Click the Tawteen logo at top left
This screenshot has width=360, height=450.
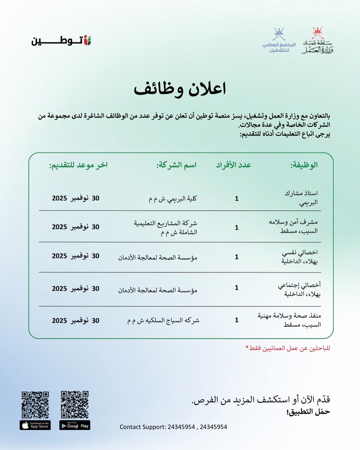click(x=61, y=41)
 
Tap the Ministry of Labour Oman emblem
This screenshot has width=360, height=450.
click(x=318, y=41)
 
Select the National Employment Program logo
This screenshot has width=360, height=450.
click(x=279, y=41)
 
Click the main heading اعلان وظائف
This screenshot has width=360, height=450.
click(x=180, y=89)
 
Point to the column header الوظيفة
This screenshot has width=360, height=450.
click(x=304, y=165)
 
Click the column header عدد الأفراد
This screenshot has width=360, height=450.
click(x=233, y=165)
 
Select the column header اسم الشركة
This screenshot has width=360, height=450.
click(x=176, y=165)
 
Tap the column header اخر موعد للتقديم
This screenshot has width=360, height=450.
click(x=78, y=165)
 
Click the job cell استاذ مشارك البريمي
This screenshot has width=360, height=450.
click(x=301, y=198)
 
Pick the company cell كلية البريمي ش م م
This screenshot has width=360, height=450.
click(x=173, y=199)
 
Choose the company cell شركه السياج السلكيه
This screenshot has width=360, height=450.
click(x=163, y=320)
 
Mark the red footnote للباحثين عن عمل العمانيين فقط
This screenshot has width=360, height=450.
click(x=288, y=348)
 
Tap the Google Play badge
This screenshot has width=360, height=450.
click(x=75, y=426)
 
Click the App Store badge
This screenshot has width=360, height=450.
click(x=35, y=426)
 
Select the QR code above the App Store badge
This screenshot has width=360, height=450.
click(x=35, y=405)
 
